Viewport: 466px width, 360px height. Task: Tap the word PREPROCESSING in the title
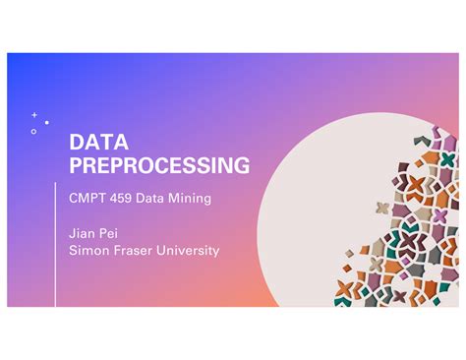pos(158,165)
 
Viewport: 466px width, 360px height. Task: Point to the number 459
pos(120,198)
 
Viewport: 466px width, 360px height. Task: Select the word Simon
pos(86,250)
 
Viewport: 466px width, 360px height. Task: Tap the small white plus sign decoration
pos(34,115)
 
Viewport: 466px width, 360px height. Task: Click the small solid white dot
pos(46,123)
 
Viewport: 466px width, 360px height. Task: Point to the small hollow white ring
pos(33,132)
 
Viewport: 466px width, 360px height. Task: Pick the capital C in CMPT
pos(74,198)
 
